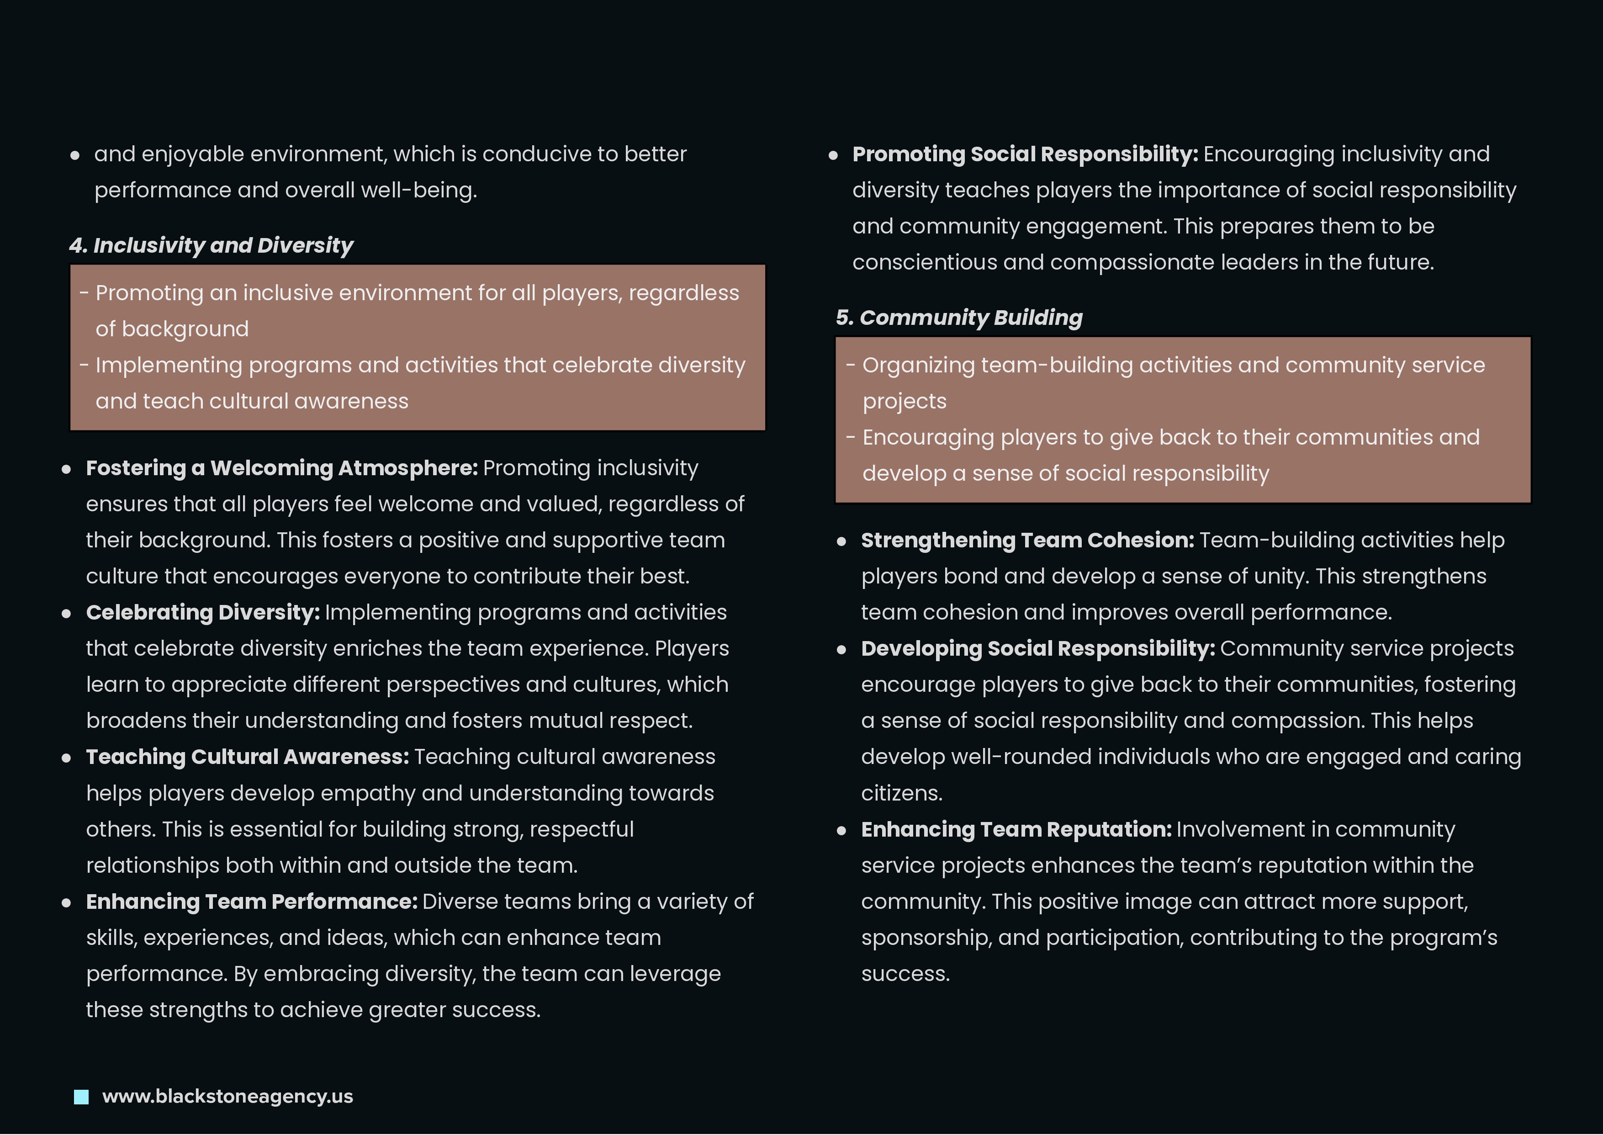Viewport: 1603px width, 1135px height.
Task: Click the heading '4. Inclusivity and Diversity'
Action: (211, 245)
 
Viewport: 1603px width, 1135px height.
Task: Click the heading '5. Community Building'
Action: (959, 318)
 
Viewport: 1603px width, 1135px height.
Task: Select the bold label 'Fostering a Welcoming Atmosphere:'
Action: (281, 468)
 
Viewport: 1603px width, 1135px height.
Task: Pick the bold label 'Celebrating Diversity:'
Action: (203, 613)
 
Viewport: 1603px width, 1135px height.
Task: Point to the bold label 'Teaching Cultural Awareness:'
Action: (247, 757)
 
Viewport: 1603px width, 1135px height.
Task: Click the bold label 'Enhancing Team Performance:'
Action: (252, 902)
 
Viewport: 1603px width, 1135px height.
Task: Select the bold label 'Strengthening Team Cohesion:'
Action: (1027, 540)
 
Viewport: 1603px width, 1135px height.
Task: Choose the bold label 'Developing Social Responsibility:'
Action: (1038, 648)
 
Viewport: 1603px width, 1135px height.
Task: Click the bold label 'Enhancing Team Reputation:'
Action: (1016, 830)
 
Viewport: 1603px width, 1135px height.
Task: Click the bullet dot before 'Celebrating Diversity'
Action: (66, 614)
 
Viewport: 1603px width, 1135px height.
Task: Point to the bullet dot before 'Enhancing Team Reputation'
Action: (841, 831)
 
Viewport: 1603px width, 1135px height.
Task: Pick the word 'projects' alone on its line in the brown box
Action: (904, 402)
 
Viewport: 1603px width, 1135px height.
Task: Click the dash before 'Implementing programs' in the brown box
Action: (84, 365)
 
